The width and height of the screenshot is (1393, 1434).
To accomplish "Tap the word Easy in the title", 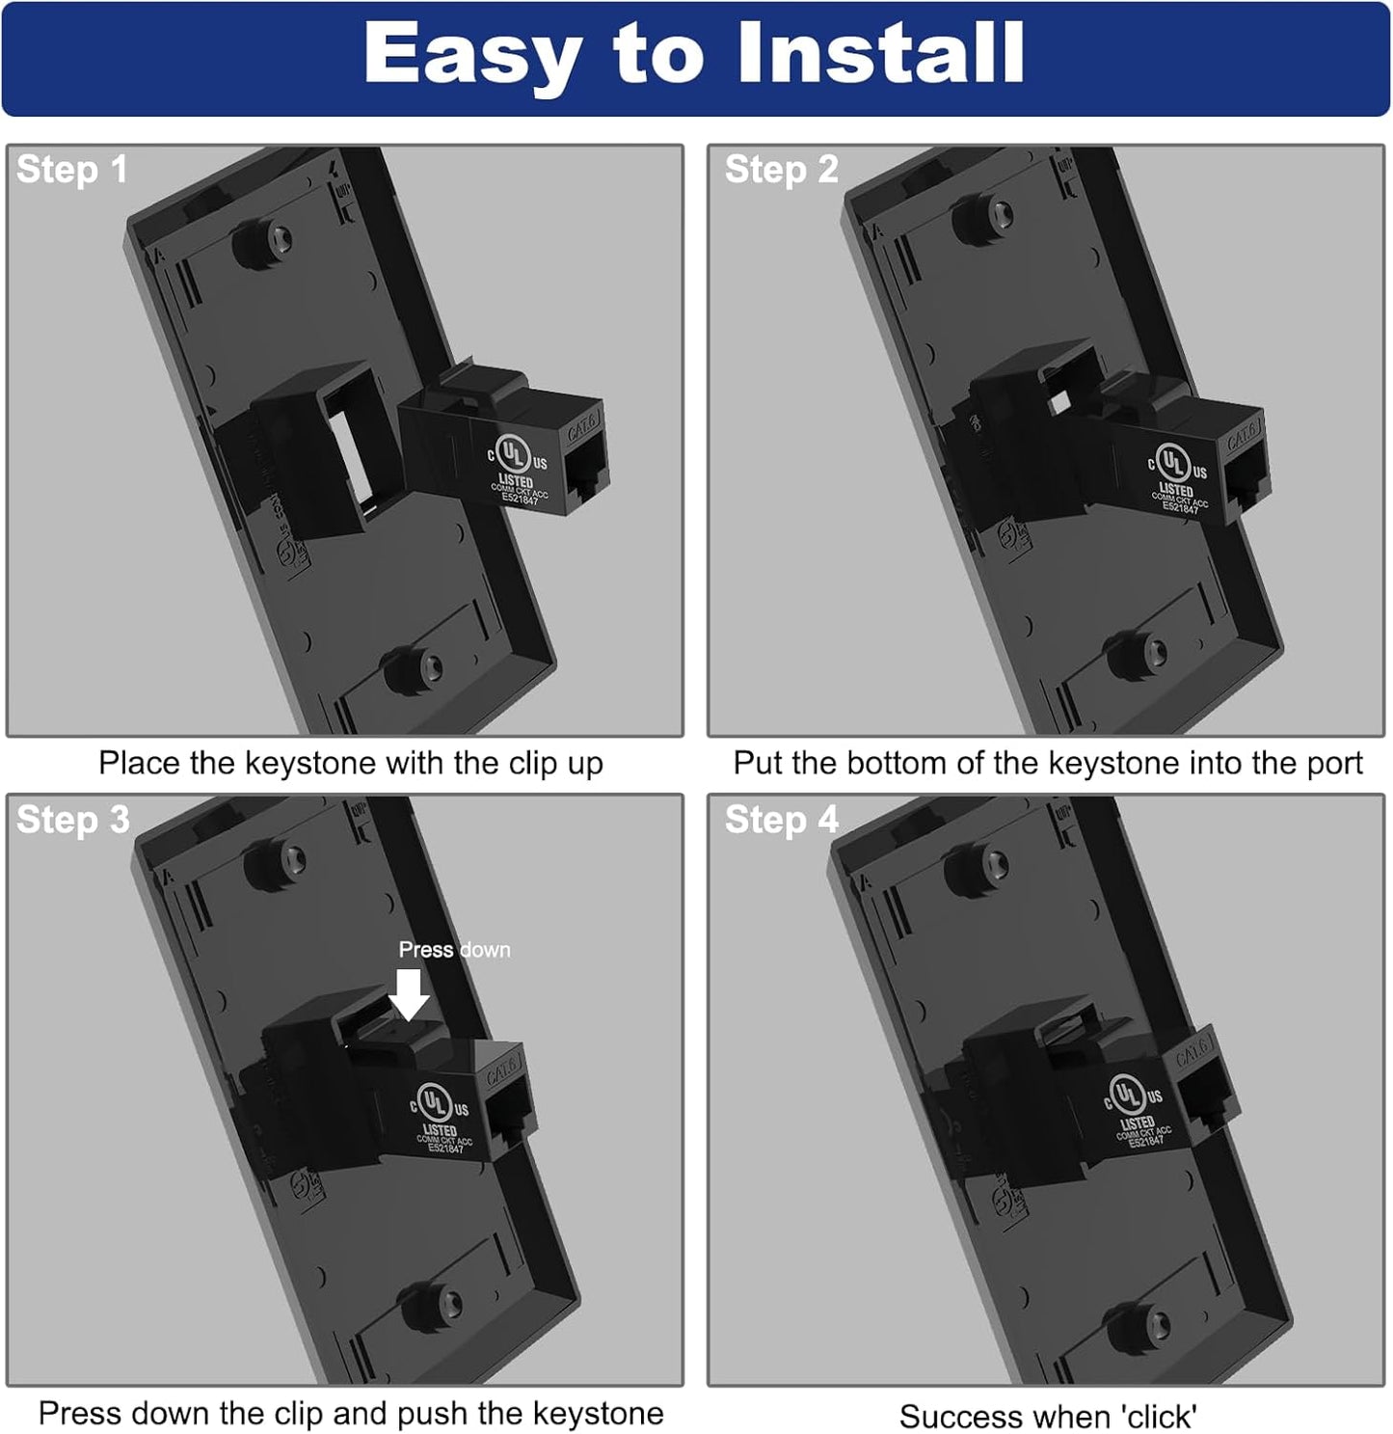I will [x=472, y=56].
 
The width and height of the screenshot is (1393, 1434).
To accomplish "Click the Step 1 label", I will [x=71, y=170].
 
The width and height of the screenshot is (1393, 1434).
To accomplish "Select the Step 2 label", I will [x=781, y=170].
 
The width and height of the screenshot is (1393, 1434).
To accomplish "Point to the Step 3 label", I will [x=72, y=820].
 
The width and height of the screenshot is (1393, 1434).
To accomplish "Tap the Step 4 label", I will [x=781, y=820].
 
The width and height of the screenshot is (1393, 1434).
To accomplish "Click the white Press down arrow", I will [x=411, y=994].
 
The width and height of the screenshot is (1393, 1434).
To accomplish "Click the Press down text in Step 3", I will [x=454, y=950].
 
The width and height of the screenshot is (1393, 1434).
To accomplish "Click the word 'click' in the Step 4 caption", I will [x=1159, y=1417].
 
